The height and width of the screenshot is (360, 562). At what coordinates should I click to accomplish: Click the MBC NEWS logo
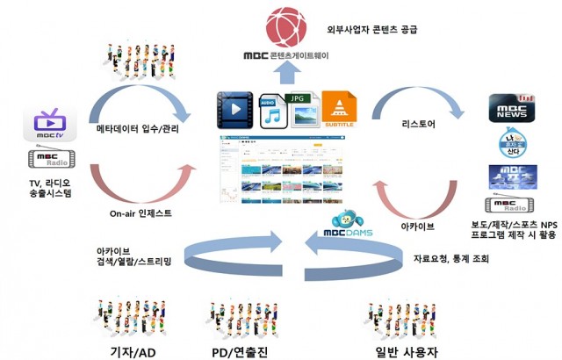tap(512, 110)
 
